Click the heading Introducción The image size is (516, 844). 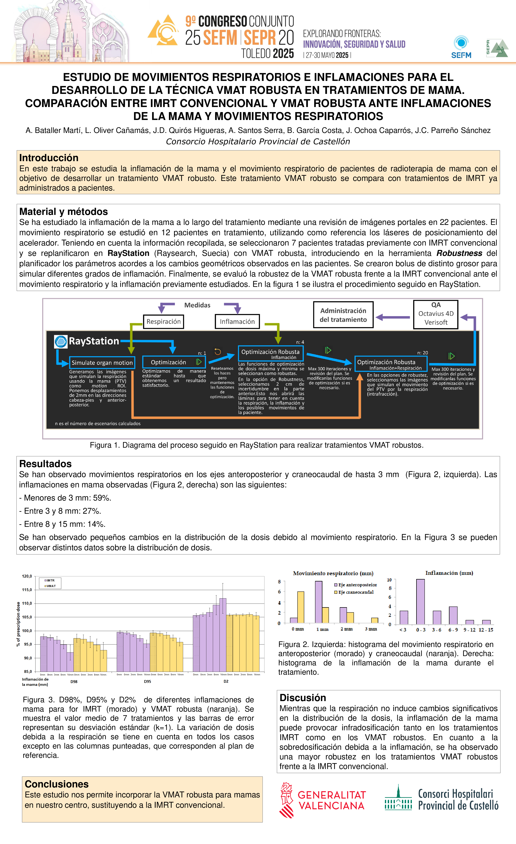click(49, 158)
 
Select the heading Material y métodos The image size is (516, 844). click(63, 212)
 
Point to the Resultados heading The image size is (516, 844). click(45, 464)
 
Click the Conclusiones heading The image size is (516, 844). click(57, 784)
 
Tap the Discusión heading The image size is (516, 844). click(303, 698)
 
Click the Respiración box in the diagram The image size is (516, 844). click(163, 322)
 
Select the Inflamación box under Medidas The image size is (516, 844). click(237, 322)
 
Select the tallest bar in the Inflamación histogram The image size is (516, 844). click(420, 602)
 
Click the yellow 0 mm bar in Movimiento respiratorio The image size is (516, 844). click(301, 607)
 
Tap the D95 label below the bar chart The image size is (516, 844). click(147, 682)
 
